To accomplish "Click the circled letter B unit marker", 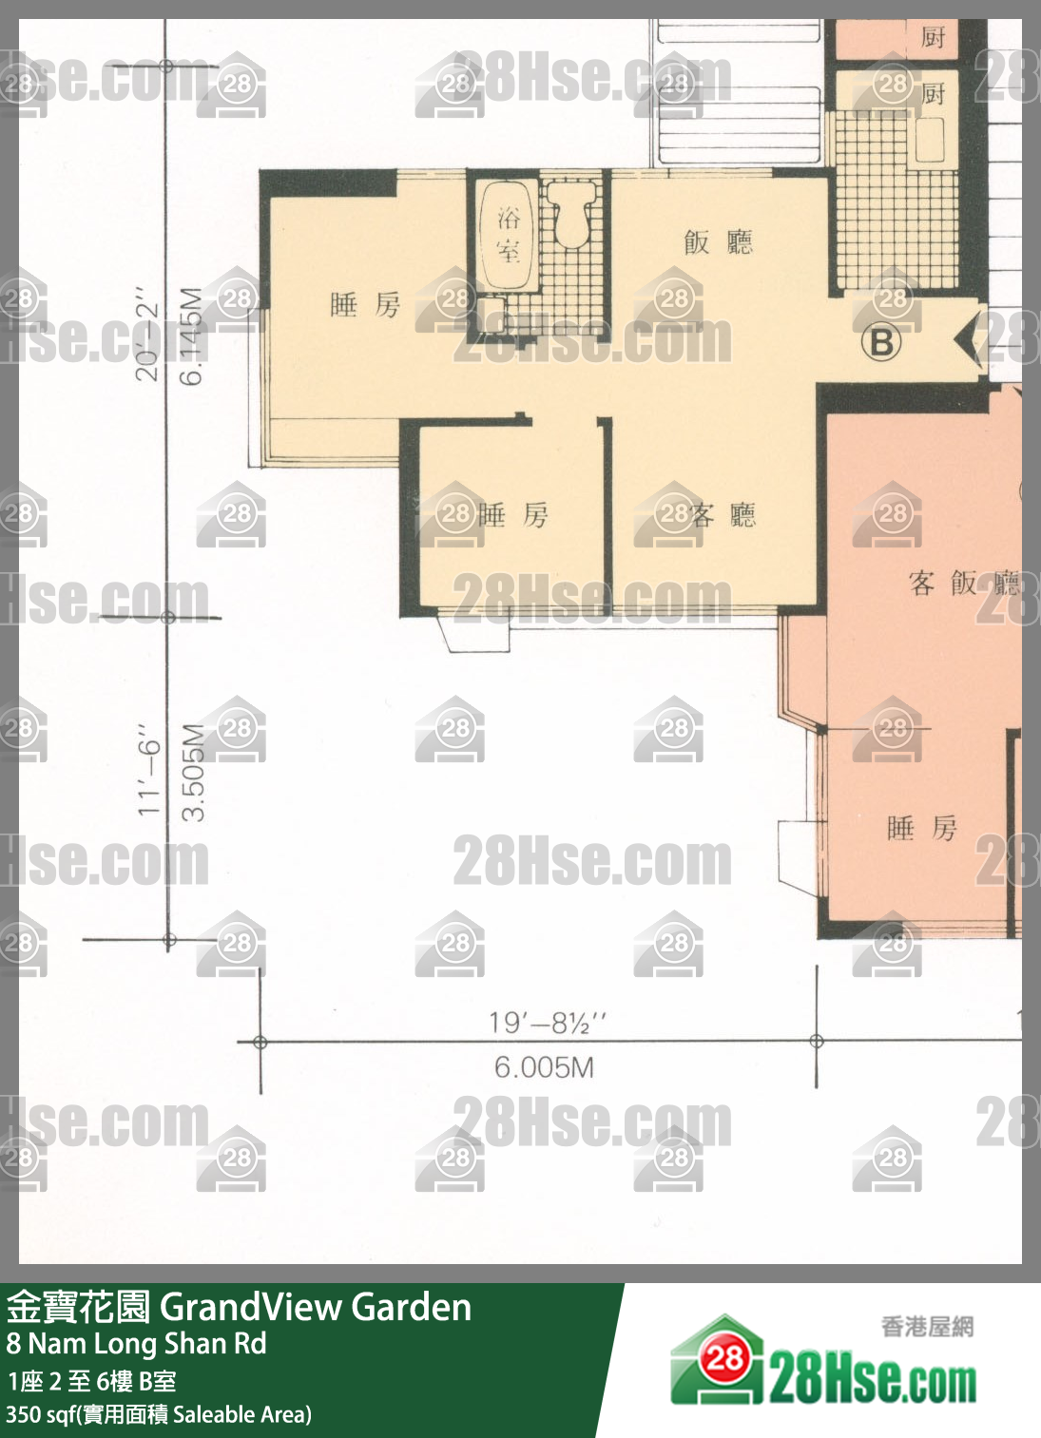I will coord(881,341).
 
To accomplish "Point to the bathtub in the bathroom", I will coord(508,235).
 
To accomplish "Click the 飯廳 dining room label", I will coord(718,242).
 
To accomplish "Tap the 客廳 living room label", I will coord(723,515).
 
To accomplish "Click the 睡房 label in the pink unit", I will coord(921,828).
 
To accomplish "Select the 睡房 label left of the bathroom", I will coord(365,305).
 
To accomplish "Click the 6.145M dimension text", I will coord(192,336).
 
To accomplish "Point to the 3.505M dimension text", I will coord(193,772).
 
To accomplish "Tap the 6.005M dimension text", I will coord(544,1067).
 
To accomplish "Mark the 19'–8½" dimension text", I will coord(547,1023).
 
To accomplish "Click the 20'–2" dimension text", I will coord(146,333).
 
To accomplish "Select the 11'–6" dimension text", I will coord(148,770).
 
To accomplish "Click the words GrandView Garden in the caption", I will coord(316,1308).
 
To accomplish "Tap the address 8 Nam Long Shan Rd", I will coord(136,1344).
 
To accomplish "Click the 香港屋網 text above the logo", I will coord(927,1326).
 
